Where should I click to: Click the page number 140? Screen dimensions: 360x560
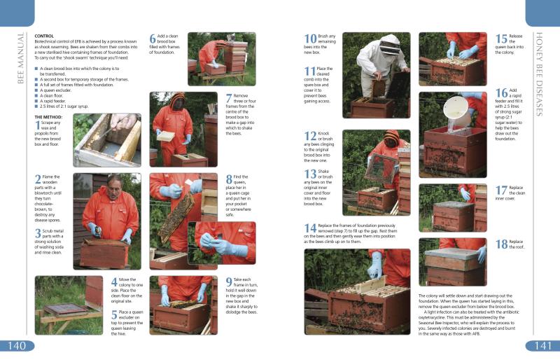[17, 346]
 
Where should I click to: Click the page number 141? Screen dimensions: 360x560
[542, 346]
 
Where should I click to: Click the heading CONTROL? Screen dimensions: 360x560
[44, 35]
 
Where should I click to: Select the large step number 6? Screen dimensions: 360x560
[153, 40]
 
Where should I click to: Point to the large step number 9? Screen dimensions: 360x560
[229, 282]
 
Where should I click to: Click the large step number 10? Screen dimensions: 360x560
[310, 40]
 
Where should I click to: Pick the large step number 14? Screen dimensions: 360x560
[310, 228]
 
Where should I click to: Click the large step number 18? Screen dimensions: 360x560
[501, 244]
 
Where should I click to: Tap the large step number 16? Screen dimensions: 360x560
[501, 94]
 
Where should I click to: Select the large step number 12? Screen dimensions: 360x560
[310, 137]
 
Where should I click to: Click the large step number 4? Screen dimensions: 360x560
[114, 282]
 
